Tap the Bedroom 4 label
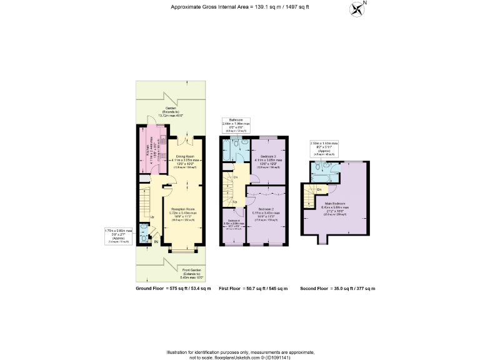[232, 222]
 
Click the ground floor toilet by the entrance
[144, 237]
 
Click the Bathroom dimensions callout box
[236, 126]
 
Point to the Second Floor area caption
[338, 289]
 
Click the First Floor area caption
[253, 289]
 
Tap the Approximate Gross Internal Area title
[239, 7]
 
